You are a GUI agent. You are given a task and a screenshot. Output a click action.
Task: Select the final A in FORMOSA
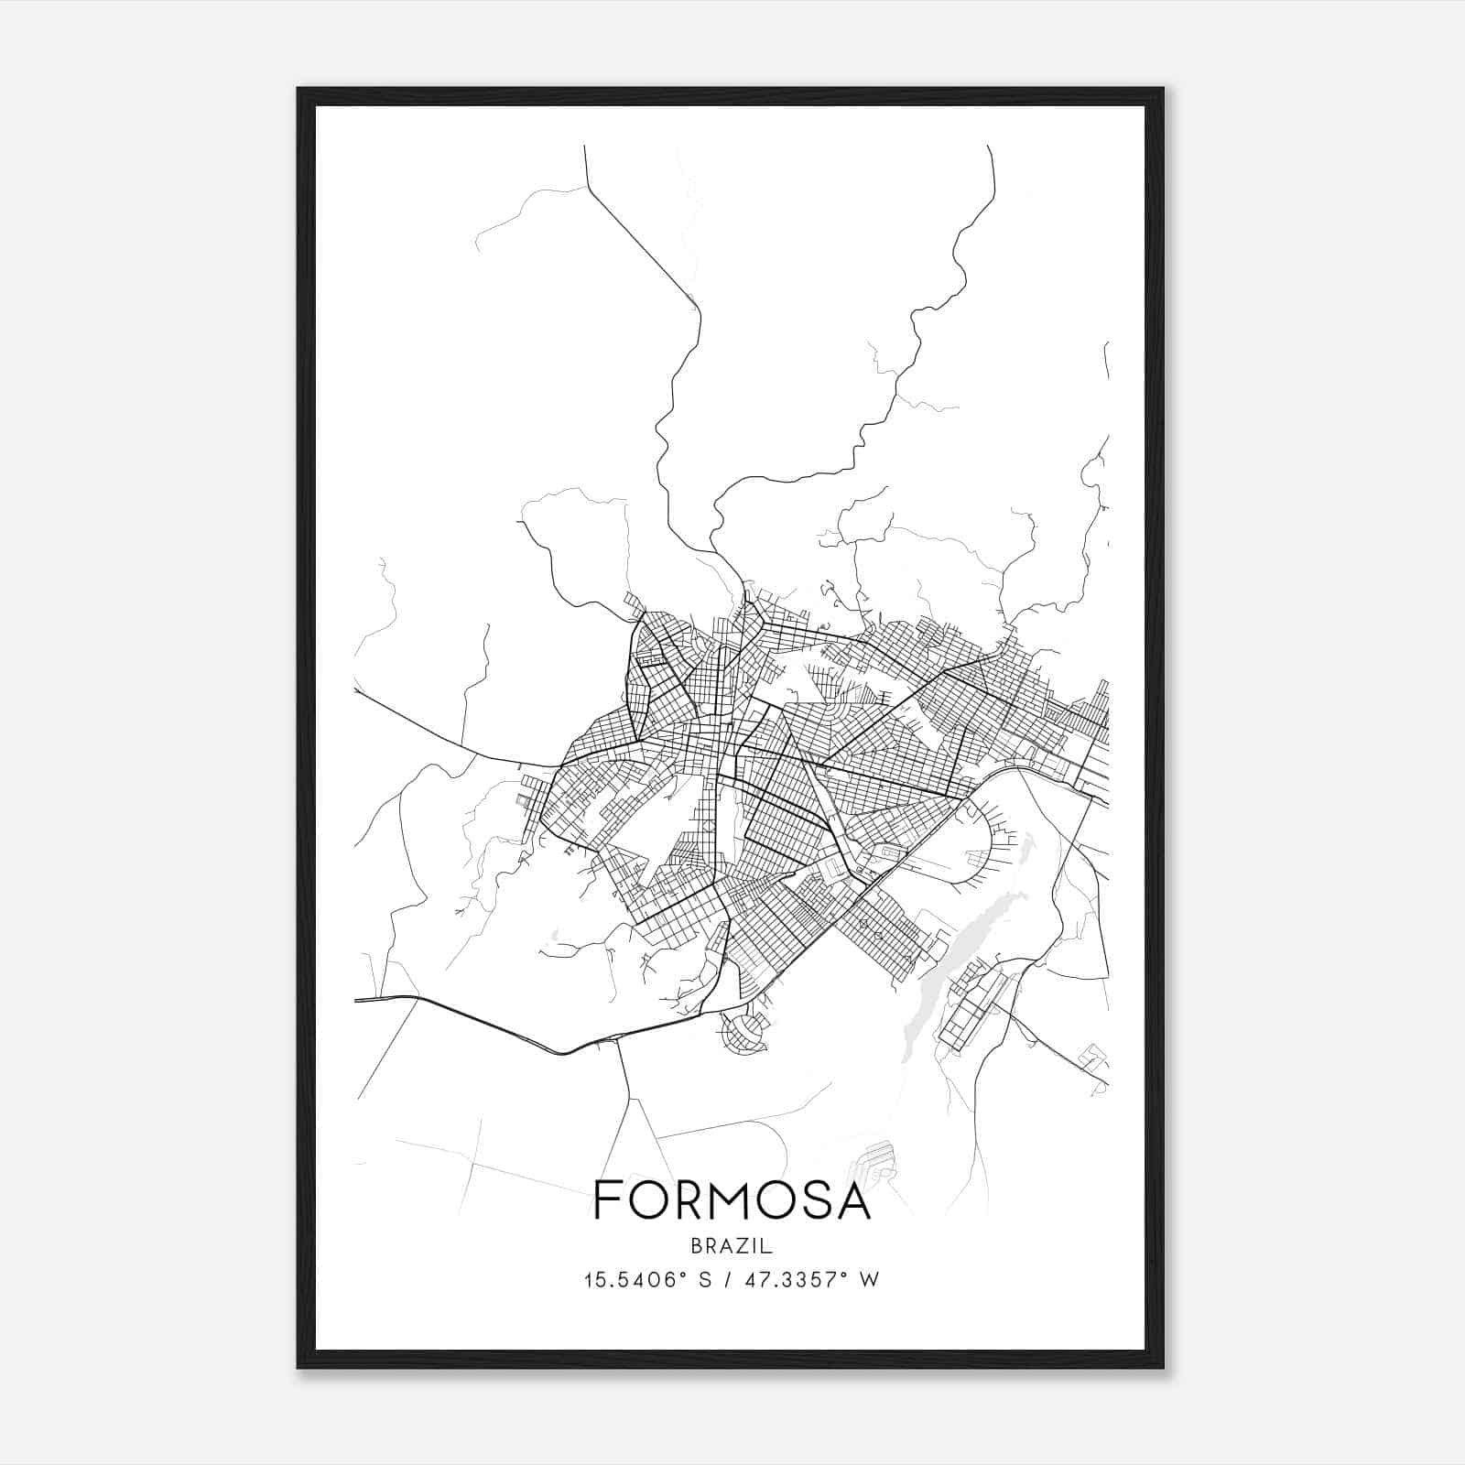pos(852,1200)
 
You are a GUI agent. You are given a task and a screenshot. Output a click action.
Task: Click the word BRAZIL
pos(732,1246)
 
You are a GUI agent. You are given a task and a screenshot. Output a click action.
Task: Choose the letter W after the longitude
pos(869,1279)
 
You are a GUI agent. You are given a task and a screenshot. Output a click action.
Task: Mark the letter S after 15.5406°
pos(705,1279)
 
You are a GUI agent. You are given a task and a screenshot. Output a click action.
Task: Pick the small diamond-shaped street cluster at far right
pos(1094,1058)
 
